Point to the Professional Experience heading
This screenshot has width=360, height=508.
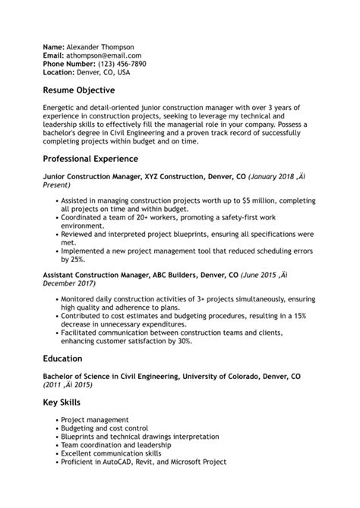(101, 159)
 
